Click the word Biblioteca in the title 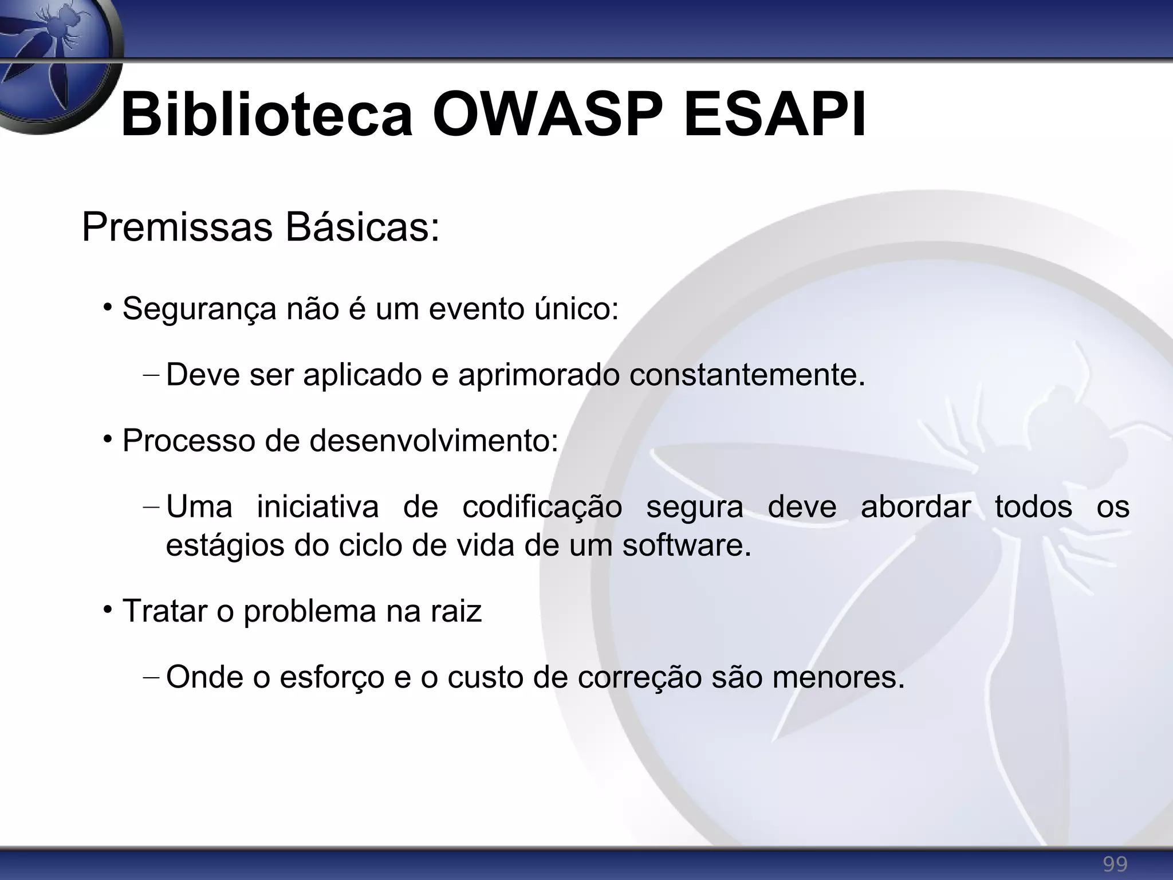click(267, 116)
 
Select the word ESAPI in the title click(774, 116)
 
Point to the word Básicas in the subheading click(362, 228)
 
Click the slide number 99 click(1115, 863)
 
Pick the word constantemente click(747, 375)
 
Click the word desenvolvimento click(434, 441)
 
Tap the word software click(686, 545)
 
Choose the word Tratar click(164, 611)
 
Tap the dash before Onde click(151, 678)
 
